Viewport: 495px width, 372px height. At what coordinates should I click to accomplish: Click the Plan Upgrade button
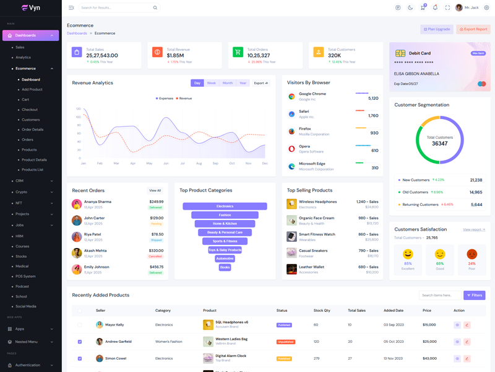[437, 29]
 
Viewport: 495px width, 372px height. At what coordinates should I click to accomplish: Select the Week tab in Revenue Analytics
[211, 83]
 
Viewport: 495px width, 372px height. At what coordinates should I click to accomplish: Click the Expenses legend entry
[165, 98]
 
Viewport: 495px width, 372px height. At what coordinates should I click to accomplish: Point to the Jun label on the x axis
[166, 164]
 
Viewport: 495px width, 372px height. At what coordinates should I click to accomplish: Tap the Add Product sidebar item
[32, 89]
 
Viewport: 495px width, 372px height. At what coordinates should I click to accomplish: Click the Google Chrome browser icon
[291, 97]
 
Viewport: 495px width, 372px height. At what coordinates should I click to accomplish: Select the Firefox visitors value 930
[374, 133]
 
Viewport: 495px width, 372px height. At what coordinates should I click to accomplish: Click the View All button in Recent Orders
[155, 190]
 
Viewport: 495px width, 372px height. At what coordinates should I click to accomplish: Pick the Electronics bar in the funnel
[225, 206]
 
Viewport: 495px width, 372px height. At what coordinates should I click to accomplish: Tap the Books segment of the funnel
[225, 267]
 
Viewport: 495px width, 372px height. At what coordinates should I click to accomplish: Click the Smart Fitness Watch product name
[317, 234]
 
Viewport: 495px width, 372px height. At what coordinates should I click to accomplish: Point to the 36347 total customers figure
[439, 143]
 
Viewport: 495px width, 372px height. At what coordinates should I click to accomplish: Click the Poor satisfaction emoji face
[471, 254]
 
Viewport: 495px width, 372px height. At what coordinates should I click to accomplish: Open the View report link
[474, 229]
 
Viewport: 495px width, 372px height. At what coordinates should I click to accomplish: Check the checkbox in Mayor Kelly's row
[80, 325]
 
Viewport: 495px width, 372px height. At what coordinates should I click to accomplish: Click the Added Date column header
[393, 310]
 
